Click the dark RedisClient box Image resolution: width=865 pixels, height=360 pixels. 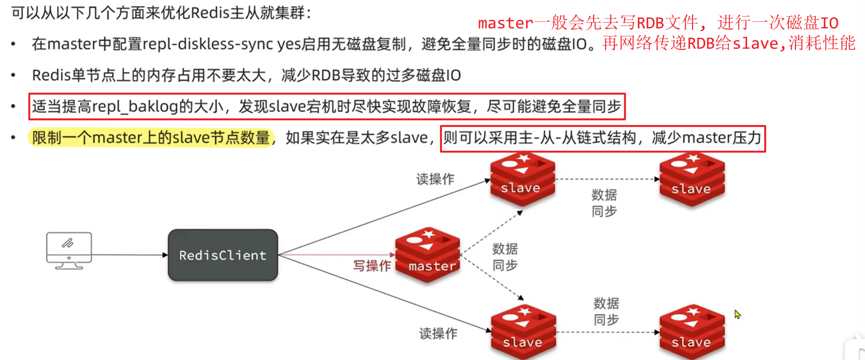click(223, 255)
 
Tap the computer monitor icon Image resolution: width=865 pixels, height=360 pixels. click(69, 250)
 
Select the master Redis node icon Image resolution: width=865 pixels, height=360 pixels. click(428, 255)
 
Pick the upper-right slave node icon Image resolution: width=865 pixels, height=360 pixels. click(692, 179)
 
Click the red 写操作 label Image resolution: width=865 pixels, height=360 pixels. click(372, 266)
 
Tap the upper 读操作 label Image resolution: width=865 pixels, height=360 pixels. click(435, 179)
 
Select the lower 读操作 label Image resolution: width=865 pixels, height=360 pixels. click(438, 333)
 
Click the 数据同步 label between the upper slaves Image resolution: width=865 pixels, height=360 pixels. click(604, 203)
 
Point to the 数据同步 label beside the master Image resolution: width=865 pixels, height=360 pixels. click(505, 257)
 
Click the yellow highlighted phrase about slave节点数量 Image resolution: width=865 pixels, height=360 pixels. click(151, 138)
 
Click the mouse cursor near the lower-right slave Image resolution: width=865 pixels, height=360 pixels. click(737, 314)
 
